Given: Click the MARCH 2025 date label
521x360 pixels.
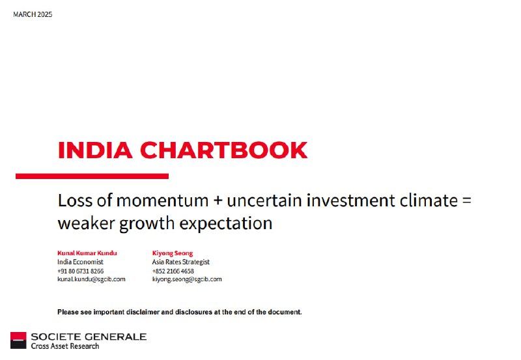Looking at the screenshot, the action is coord(33,14).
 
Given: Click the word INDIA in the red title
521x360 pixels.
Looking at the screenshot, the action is coord(95,150).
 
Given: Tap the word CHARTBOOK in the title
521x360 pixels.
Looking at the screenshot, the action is coord(223,150).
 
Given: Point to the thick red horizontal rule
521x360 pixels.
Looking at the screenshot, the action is coord(92,176).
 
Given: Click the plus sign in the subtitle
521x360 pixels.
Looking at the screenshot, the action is coord(218,201).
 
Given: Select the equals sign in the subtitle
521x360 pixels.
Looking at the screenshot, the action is coord(466,201).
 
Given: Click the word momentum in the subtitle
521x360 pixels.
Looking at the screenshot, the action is coord(162,201).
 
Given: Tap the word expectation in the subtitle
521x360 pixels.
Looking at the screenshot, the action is coord(226,223).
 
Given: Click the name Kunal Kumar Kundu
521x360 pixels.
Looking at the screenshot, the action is coord(87,253).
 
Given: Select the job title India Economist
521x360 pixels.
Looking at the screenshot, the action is coord(80,262).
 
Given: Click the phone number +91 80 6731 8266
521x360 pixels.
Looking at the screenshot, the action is coord(80,271).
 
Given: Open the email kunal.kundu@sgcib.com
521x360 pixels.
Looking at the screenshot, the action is coord(91,279).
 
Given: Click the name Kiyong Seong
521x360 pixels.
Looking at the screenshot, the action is coord(173,253).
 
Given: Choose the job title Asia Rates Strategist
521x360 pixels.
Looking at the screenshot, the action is coord(181,262).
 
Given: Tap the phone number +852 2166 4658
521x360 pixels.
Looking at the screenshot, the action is coord(173,271).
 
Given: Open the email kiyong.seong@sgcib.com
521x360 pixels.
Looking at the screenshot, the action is coord(187,279).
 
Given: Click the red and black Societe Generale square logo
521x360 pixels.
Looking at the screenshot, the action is coord(18,340).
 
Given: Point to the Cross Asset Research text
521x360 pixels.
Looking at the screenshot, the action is coord(65,346).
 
